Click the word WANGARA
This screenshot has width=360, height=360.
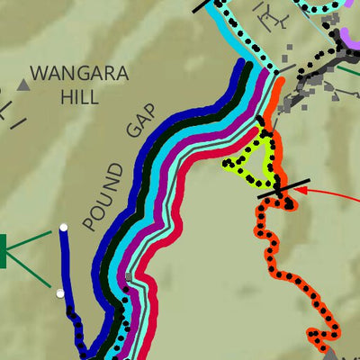(x=79, y=74)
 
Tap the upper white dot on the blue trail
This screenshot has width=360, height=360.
(x=63, y=228)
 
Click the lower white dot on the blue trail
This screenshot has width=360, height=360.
(x=59, y=292)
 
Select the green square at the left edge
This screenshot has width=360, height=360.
(x=3, y=250)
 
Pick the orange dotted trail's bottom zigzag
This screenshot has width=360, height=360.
(x=319, y=337)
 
